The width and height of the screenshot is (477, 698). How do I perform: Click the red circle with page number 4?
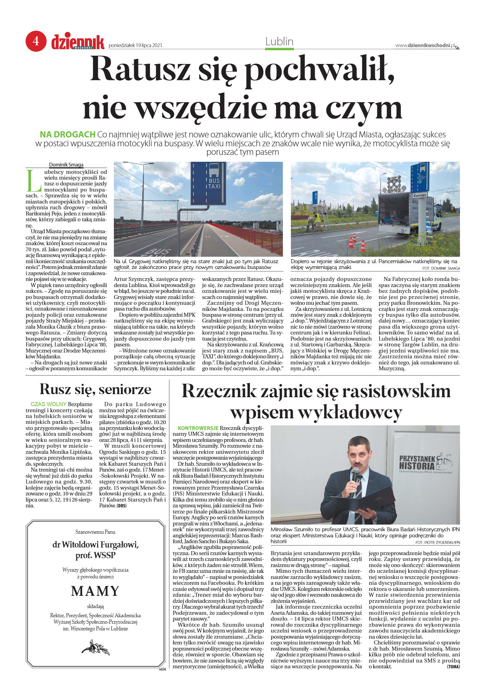pyautogui.click(x=36, y=41)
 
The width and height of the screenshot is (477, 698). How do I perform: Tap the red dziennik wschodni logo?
pyautogui.click(x=78, y=42)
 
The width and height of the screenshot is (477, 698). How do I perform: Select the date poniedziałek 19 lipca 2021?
pyautogui.click(x=135, y=46)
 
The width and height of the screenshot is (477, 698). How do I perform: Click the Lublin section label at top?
pyautogui.click(x=279, y=42)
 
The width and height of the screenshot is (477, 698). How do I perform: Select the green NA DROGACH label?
pyautogui.click(x=68, y=134)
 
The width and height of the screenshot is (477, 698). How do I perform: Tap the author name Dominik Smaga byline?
pyautogui.click(x=66, y=165)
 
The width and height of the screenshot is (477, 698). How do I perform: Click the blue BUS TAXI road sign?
pyautogui.click(x=208, y=184)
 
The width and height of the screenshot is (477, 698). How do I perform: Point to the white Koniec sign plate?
pyautogui.click(x=420, y=195)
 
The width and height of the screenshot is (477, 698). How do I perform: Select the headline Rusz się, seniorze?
pyautogui.click(x=95, y=389)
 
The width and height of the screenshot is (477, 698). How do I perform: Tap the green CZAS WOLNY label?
pyautogui.click(x=48, y=404)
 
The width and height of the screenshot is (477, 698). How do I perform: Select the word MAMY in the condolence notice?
pyautogui.click(x=95, y=591)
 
